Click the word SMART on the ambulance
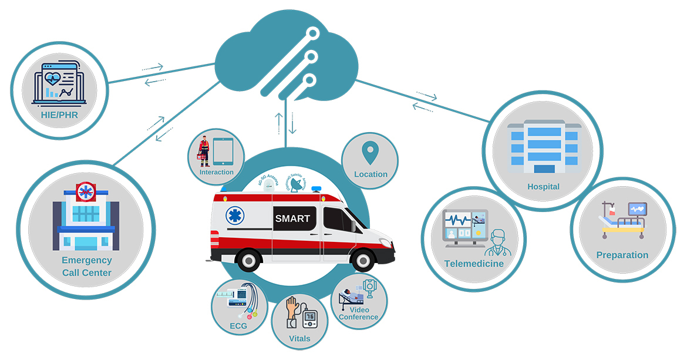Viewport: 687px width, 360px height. tap(292, 218)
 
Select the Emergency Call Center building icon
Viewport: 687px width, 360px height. tap(86, 217)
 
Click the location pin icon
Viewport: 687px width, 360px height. tap(369, 153)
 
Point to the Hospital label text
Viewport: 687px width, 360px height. tap(543, 187)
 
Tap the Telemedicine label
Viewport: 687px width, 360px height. tap(474, 264)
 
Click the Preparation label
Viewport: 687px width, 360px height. tap(622, 255)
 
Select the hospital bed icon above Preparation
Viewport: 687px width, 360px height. tap(622, 220)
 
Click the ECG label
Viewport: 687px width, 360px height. tap(238, 326)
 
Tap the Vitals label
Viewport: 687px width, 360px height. tap(299, 338)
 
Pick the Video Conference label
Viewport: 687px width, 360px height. tap(359, 313)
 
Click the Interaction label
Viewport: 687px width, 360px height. tap(216, 172)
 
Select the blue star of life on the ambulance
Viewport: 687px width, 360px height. tap(234, 216)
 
